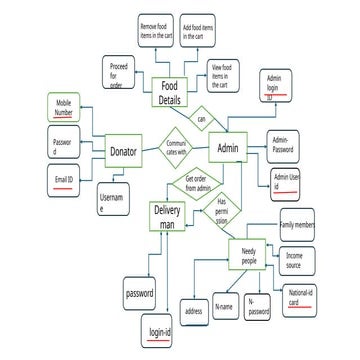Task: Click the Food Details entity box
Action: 171,94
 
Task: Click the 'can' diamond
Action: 201,118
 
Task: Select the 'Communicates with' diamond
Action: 178,147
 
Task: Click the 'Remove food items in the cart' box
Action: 158,32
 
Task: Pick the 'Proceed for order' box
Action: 120,73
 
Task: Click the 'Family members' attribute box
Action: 298,226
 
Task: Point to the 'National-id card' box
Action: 302,297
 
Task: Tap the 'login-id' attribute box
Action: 162,332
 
